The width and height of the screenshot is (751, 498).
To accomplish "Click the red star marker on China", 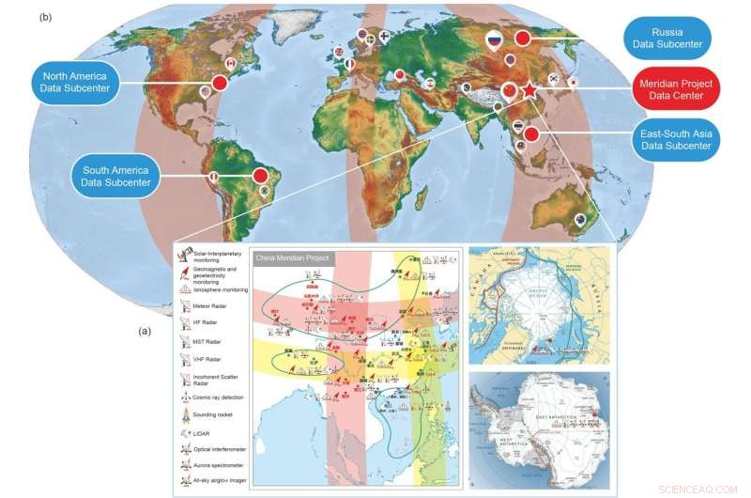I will [x=529, y=90].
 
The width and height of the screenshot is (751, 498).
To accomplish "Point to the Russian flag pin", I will [x=495, y=39].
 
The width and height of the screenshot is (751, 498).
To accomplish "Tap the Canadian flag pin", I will [x=228, y=63].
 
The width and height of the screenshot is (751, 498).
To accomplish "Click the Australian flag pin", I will [x=582, y=222].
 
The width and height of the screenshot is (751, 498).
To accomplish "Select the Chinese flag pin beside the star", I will [x=510, y=91].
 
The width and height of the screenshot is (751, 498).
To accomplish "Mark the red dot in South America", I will [x=261, y=175].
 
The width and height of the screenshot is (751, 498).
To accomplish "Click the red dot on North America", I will [x=220, y=84].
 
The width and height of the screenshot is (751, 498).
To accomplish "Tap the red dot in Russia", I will [x=522, y=38].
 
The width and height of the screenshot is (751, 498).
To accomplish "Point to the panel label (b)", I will [x=45, y=17].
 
